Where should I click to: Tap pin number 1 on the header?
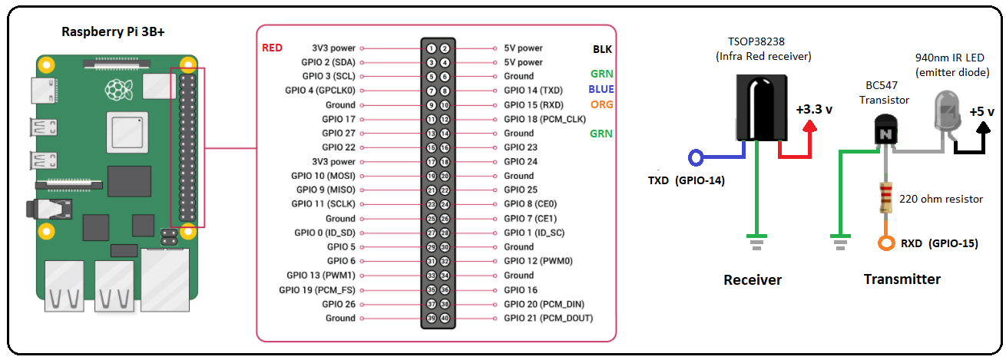pyautogui.click(x=432, y=48)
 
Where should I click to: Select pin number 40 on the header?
pyautogui.click(x=444, y=318)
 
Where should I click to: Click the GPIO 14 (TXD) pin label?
pyautogui.click(x=533, y=91)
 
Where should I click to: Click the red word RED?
pyautogui.click(x=272, y=48)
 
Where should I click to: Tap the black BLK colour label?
pyautogui.click(x=602, y=48)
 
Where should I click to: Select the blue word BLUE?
pyautogui.click(x=601, y=90)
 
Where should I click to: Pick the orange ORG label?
pyautogui.click(x=601, y=104)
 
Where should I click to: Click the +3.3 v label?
pyautogui.click(x=814, y=109)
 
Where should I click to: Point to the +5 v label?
pyautogui.click(x=981, y=111)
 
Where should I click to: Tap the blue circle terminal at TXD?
pyautogui.click(x=697, y=158)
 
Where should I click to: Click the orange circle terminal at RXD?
pyautogui.click(x=885, y=244)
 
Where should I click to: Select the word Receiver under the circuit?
pyautogui.click(x=753, y=280)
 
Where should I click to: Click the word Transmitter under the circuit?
pyautogui.click(x=902, y=279)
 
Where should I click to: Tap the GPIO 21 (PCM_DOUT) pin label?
pyautogui.click(x=548, y=318)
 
